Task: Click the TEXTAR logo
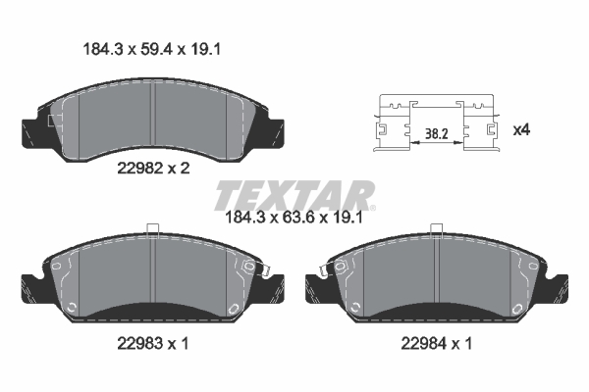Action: tap(294, 195)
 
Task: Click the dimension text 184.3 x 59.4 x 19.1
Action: tap(151, 49)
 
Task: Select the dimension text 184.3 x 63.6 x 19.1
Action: tap(294, 218)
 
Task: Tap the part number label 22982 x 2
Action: tap(153, 169)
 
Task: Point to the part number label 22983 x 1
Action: tap(153, 343)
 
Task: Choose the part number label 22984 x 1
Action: tap(437, 343)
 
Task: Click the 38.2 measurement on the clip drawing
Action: tap(436, 133)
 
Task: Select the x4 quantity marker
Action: tap(521, 130)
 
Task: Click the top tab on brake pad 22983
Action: tap(153, 230)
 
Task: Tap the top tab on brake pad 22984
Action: tap(437, 230)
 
